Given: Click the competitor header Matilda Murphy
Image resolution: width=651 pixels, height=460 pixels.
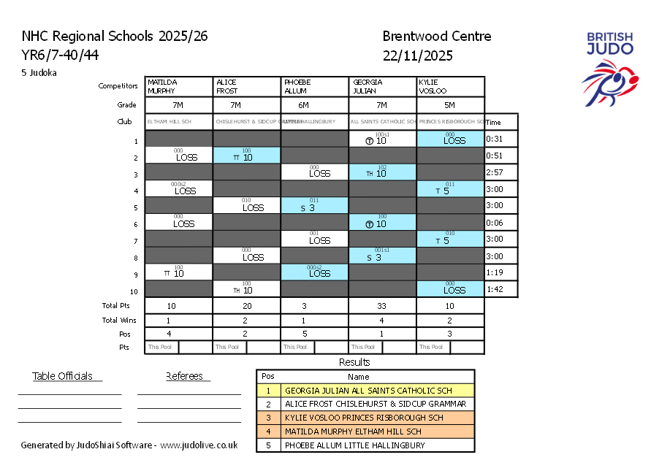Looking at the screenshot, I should [x=179, y=86].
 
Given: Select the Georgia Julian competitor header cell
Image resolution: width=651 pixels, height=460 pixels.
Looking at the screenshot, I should [x=383, y=86].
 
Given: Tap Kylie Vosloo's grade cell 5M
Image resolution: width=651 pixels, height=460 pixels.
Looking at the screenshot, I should [x=450, y=105].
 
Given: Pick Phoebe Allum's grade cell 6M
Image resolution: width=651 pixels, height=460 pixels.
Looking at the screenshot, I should [x=314, y=105].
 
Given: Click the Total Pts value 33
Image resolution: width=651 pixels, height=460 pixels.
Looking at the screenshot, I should [x=382, y=306].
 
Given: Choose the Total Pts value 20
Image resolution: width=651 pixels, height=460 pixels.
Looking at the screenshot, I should [x=247, y=306].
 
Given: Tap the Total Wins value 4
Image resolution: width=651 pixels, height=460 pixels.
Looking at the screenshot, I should [x=382, y=320].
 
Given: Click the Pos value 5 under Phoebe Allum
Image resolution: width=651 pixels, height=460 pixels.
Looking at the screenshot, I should [x=314, y=334].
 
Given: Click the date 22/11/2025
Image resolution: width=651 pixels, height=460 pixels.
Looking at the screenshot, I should [x=417, y=55].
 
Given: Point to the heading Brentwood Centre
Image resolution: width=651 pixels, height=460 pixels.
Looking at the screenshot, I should [x=436, y=37].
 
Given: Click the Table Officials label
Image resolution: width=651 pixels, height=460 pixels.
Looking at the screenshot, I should [x=62, y=376].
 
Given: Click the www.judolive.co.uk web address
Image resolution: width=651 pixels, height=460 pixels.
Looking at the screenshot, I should [x=199, y=445].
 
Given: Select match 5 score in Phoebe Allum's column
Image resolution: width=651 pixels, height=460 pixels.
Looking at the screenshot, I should [x=314, y=206].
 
